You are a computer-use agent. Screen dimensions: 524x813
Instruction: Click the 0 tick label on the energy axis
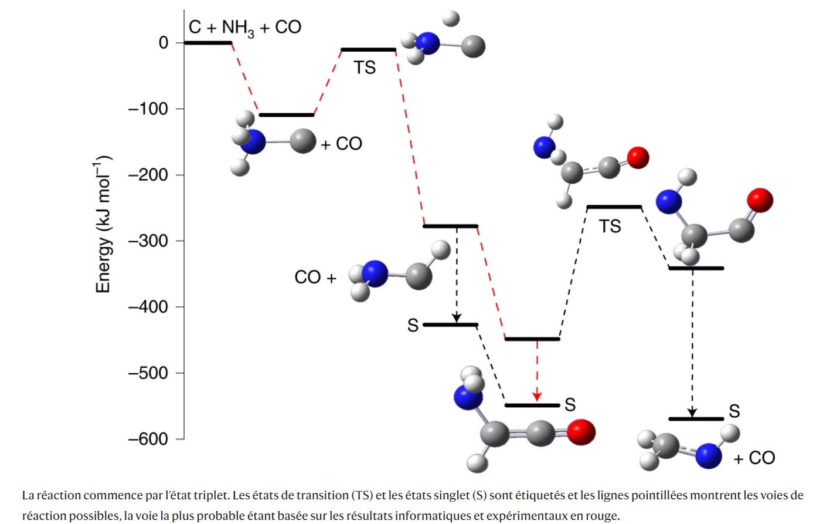point(163,43)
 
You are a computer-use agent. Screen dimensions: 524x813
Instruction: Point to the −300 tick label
point(148,241)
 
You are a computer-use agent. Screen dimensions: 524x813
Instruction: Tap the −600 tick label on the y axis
point(148,439)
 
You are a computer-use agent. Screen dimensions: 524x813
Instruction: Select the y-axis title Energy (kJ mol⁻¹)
point(103,224)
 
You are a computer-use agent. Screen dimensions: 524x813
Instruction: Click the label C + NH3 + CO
point(245,27)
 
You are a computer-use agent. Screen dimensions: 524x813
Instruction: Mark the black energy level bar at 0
point(208,43)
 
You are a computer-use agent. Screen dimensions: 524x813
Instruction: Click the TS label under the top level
point(365,68)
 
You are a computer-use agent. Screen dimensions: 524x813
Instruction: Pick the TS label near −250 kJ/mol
point(610,226)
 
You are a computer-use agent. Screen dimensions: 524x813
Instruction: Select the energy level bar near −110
point(287,115)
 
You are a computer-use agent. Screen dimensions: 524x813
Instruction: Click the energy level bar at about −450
point(532,339)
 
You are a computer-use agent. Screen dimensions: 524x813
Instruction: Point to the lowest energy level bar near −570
point(696,419)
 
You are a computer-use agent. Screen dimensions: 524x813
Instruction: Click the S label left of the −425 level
point(413,326)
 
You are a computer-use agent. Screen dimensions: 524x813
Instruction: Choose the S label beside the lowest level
point(734,411)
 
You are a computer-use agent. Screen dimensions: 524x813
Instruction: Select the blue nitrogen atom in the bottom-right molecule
point(708,456)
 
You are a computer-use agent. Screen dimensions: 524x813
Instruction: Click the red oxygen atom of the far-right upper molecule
point(760,200)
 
